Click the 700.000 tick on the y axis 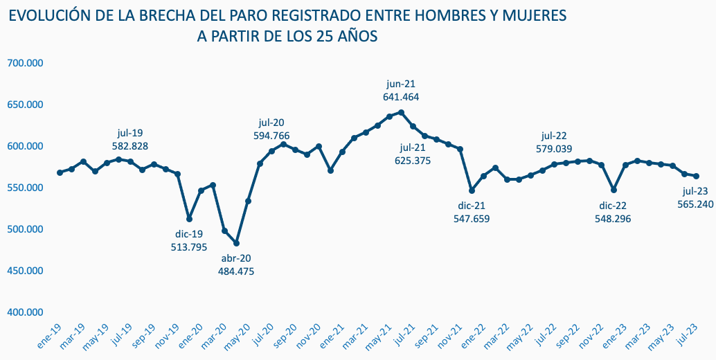tap(25, 63)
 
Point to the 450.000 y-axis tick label tap(25, 271)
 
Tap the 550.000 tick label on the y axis tap(25, 188)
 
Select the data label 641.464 tap(401, 97)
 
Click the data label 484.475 tap(238, 271)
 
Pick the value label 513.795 tap(189, 247)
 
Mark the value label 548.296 tap(613, 218)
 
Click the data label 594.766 tap(271, 136)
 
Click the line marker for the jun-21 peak tap(402, 112)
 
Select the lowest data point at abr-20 tap(236, 243)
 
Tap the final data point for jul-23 tap(696, 176)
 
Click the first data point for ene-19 tap(60, 172)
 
